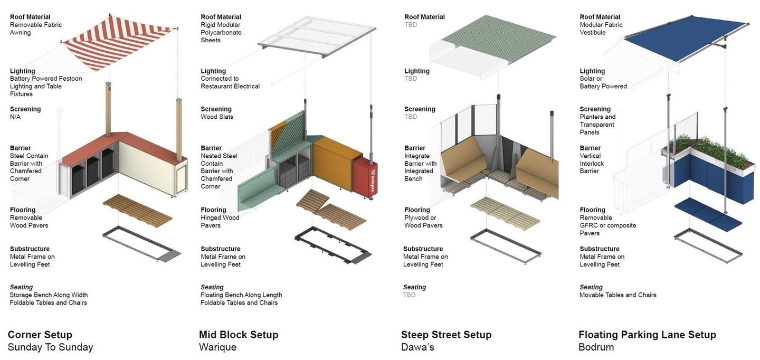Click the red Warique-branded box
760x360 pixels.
365,178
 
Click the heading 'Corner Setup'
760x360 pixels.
40,335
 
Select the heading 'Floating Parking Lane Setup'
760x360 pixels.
647,335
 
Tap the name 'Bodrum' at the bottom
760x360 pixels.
596,347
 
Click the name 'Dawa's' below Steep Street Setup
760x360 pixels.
417,347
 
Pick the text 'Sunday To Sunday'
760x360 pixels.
50,347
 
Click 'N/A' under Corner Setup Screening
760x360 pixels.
15,117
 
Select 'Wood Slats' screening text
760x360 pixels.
217,117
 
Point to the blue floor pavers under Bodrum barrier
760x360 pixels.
708,215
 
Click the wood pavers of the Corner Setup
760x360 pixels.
137,211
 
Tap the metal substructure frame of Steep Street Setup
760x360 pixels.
506,246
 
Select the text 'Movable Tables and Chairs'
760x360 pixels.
618,295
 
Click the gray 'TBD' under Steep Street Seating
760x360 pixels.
409,295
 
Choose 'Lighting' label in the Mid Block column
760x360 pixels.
213,71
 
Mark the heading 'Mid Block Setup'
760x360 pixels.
239,335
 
